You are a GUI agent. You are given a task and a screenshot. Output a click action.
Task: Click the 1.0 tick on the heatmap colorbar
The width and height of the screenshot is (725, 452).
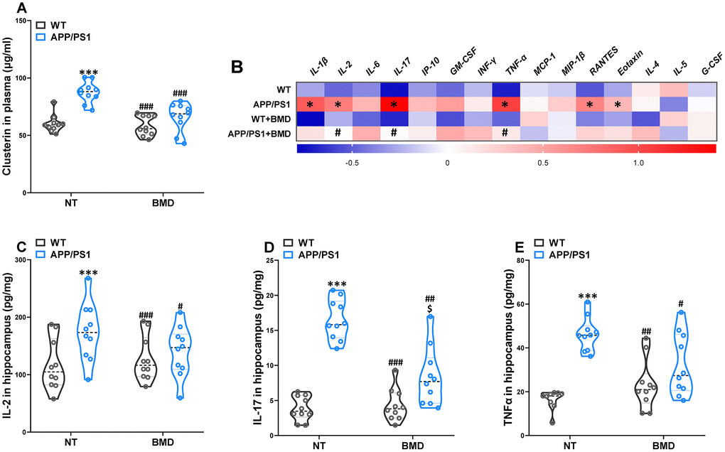tap(638, 163)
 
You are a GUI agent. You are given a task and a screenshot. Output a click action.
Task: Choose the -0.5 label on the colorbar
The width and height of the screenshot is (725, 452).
tap(350, 163)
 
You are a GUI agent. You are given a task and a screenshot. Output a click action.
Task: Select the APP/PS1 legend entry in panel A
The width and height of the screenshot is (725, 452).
tap(62, 35)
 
